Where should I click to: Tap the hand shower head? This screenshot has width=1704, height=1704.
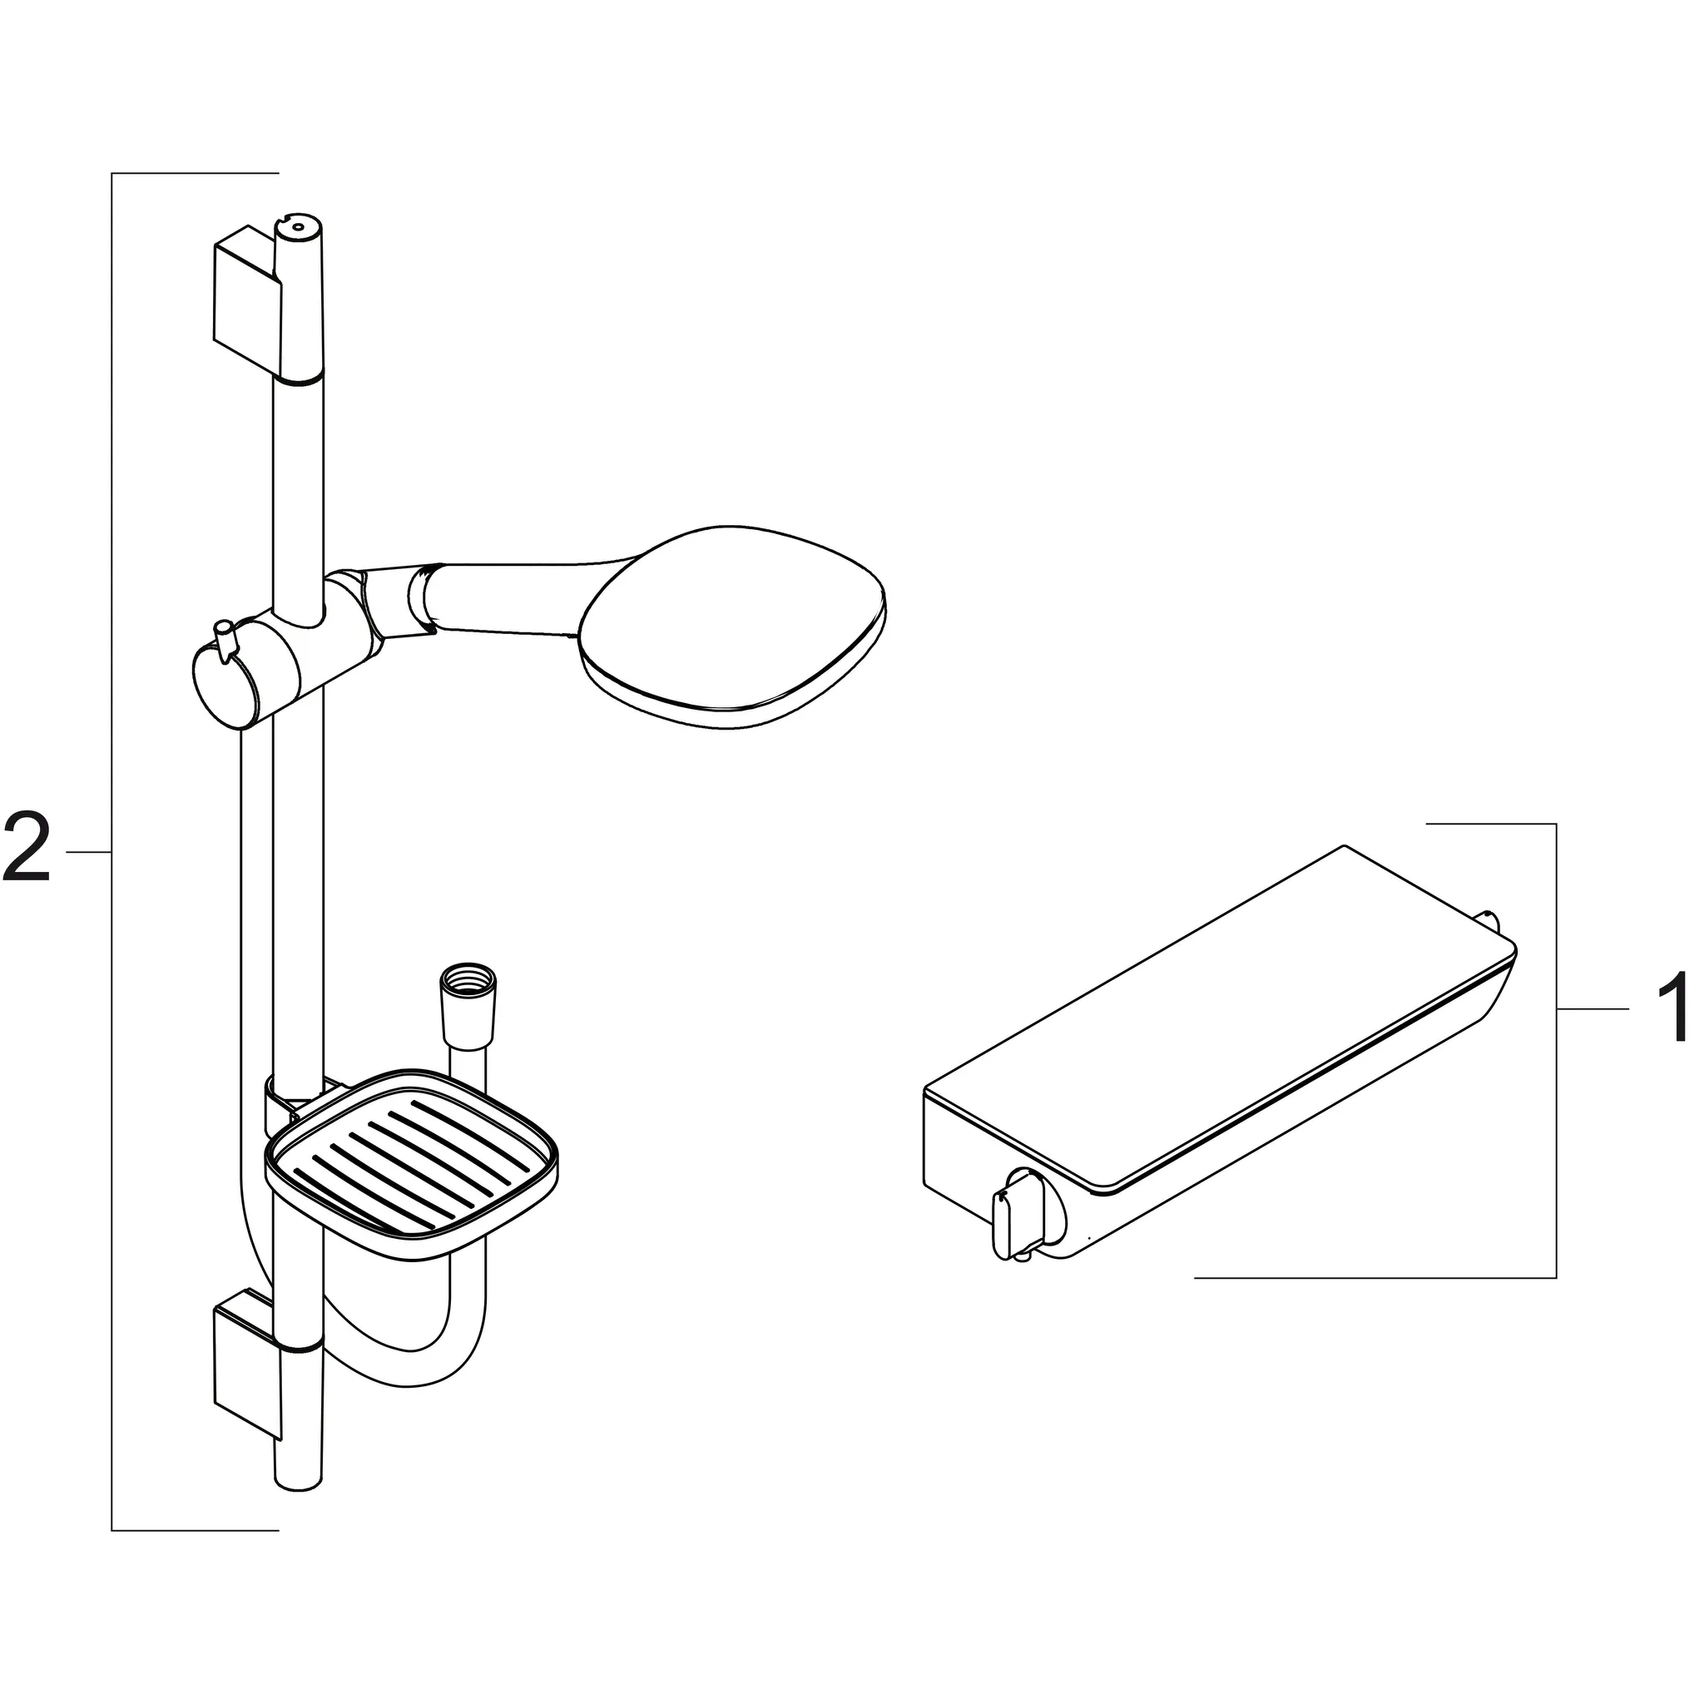pos(732,627)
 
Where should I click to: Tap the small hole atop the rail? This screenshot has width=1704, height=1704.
pos(298,227)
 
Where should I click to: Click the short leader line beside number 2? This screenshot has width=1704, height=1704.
pos(88,852)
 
